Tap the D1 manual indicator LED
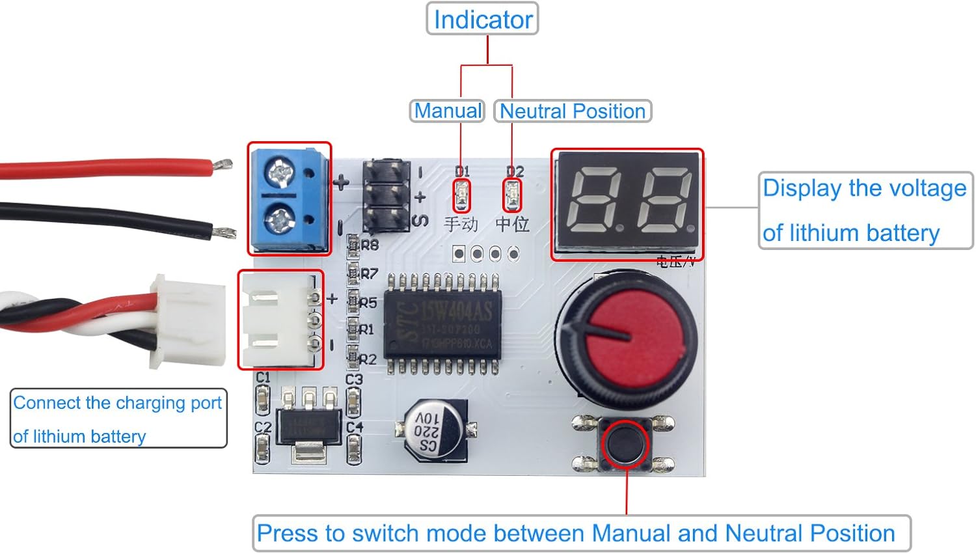point(461,195)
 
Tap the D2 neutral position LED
point(512,195)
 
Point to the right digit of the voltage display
point(665,200)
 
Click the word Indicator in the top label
point(483,20)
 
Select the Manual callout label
point(448,111)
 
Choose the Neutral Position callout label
point(572,111)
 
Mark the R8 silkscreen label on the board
point(370,245)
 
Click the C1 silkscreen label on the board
point(262,378)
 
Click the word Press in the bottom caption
point(284,533)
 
